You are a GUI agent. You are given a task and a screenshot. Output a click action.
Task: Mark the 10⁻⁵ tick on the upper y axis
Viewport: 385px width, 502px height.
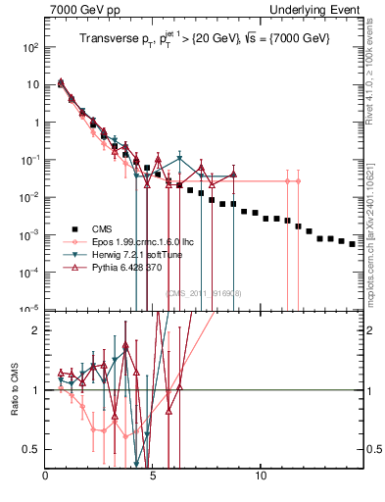(30, 308)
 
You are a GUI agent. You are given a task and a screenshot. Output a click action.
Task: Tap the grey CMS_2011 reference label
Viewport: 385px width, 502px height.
(203, 292)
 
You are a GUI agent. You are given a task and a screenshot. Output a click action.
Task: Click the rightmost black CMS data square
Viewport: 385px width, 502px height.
(353, 243)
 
